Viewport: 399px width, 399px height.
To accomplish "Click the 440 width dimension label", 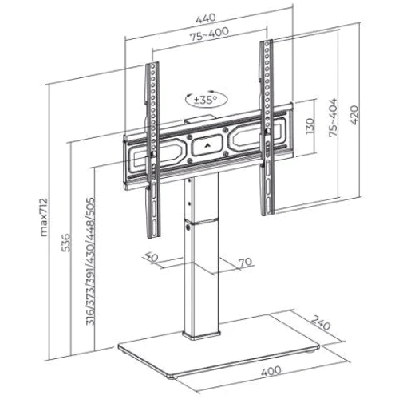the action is [206, 18].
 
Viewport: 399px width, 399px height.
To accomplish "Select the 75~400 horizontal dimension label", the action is [209, 34].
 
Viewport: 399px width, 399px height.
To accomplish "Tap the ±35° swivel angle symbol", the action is [207, 100].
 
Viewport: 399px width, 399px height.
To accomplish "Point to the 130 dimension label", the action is [310, 126].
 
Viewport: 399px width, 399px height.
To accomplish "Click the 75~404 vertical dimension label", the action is [333, 117].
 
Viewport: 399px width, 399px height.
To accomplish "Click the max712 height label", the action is [44, 217].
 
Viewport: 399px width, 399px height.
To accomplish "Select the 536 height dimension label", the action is [65, 243].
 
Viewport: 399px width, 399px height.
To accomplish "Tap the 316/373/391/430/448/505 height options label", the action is [90, 261].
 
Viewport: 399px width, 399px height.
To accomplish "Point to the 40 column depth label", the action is [151, 256].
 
